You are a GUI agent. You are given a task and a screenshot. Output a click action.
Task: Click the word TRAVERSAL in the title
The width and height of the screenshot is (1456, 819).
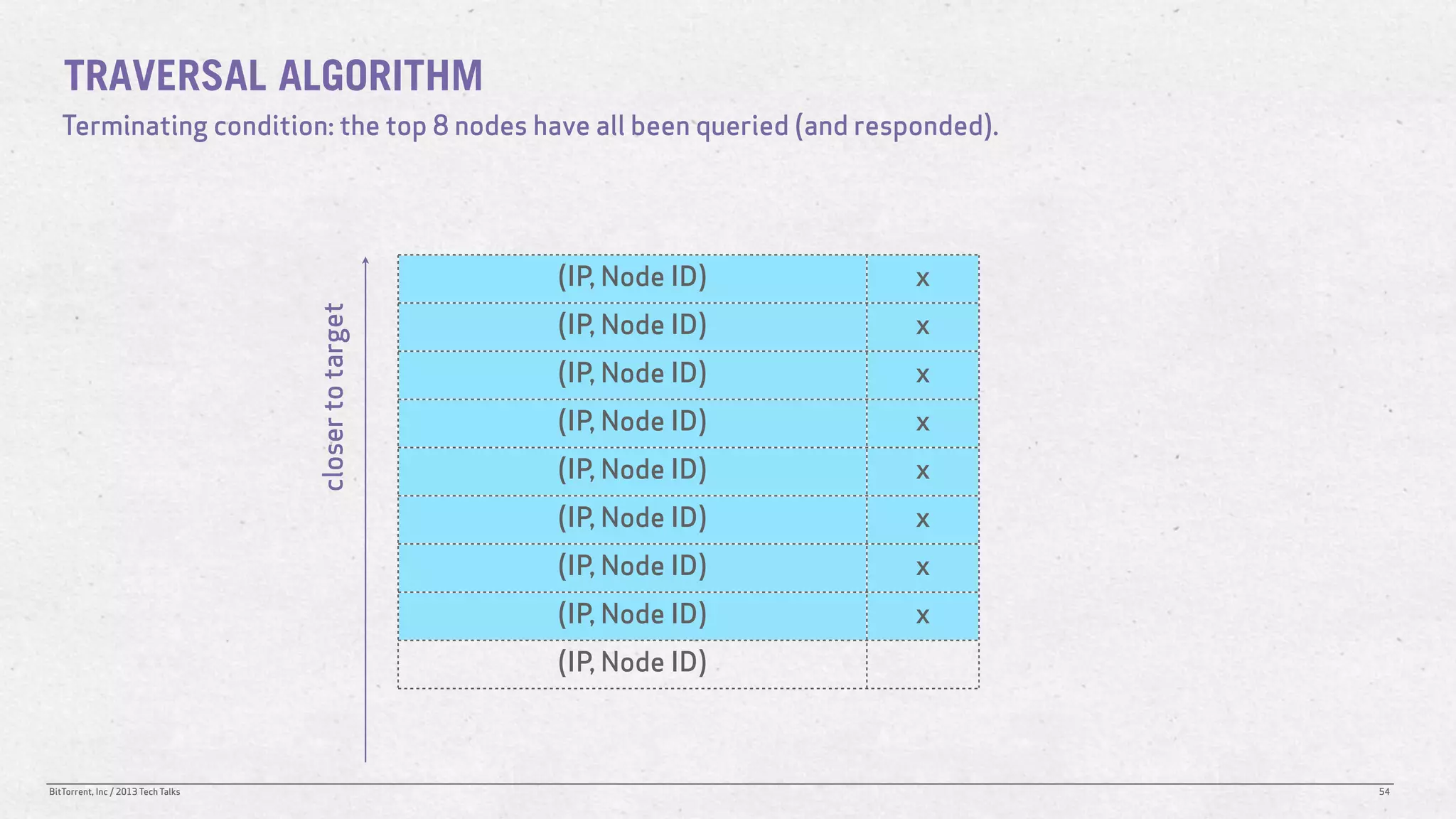point(164,76)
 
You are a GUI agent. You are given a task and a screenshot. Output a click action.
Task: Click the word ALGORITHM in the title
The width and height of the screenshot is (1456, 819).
point(380,76)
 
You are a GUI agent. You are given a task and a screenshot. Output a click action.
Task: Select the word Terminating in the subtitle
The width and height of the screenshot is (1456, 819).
point(135,127)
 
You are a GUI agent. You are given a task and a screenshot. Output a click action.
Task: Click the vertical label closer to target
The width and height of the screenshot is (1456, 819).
point(334,396)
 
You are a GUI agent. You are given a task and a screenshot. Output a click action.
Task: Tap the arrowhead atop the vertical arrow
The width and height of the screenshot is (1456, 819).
point(365,260)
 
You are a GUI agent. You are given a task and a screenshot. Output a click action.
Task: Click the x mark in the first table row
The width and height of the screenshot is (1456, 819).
point(922,278)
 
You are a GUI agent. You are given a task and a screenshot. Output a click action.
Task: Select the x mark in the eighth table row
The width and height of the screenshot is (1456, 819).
point(922,616)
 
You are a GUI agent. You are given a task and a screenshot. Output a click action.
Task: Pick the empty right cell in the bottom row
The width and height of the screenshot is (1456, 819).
point(922,664)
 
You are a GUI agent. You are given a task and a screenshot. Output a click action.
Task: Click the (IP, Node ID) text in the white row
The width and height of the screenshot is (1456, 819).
point(632,663)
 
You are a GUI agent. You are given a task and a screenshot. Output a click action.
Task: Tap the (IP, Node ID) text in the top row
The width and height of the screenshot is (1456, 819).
point(632,277)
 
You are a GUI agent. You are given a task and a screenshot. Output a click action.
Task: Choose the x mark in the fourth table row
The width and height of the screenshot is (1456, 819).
point(922,423)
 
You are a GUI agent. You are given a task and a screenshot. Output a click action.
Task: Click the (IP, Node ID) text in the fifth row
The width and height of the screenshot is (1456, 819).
point(632,470)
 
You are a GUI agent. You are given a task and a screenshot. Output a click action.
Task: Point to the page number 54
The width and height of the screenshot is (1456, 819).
point(1383,792)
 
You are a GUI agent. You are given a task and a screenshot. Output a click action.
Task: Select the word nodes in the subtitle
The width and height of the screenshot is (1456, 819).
point(491,126)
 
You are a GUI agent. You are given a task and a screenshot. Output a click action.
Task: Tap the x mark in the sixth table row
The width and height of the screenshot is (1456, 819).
point(922,519)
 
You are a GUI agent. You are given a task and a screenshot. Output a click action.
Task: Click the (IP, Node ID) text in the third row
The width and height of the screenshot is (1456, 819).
point(632,374)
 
